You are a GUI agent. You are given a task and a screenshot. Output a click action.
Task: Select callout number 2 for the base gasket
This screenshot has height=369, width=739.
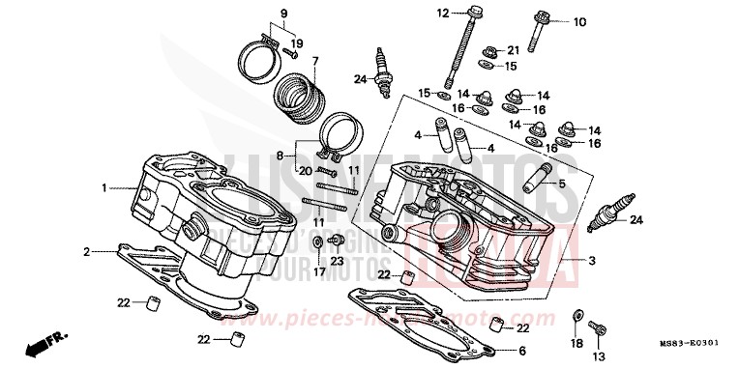pos(86,252)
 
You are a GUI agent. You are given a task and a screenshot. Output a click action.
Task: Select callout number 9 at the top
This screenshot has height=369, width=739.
pos(257,13)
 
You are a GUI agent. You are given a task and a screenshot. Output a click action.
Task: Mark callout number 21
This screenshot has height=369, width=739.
pos(514,49)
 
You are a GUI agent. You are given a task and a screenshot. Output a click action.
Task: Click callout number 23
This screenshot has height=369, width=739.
pos(337,261)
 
